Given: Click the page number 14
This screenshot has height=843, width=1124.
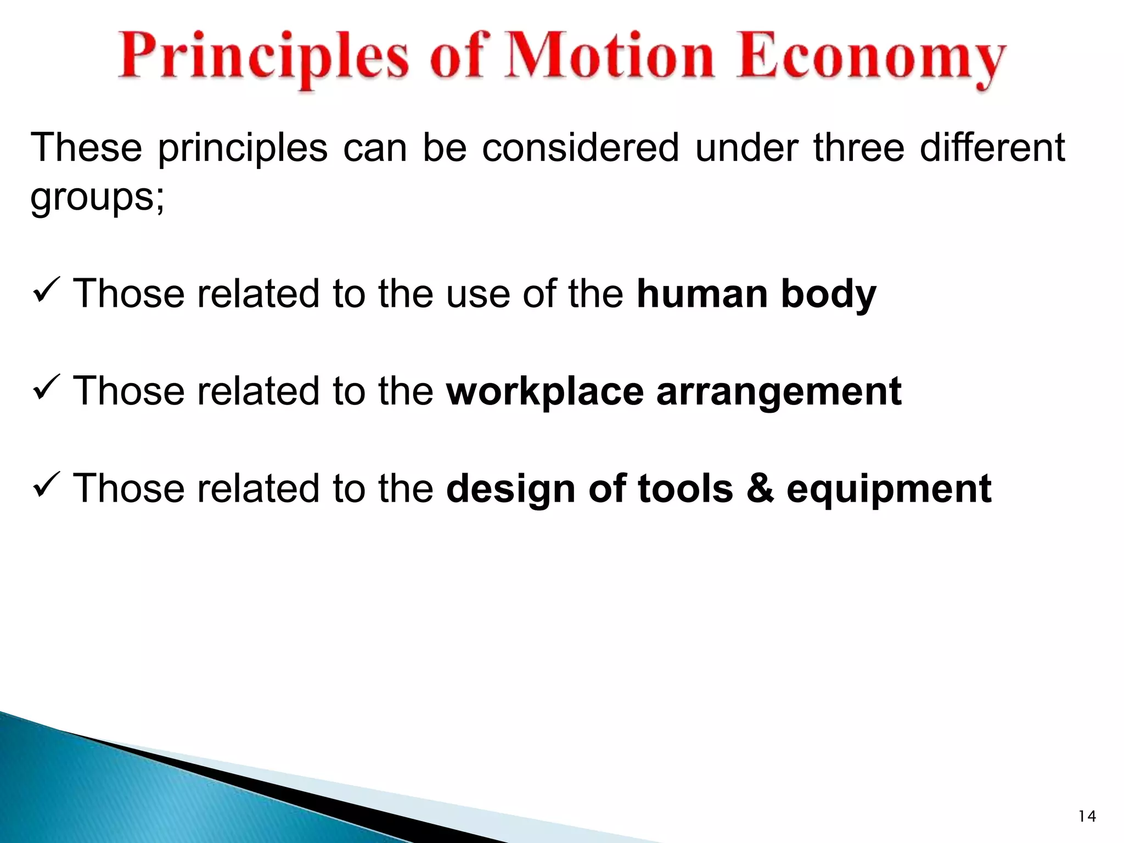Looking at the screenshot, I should tap(1087, 817).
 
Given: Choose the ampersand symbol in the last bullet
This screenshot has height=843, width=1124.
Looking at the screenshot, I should tap(760, 488).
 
